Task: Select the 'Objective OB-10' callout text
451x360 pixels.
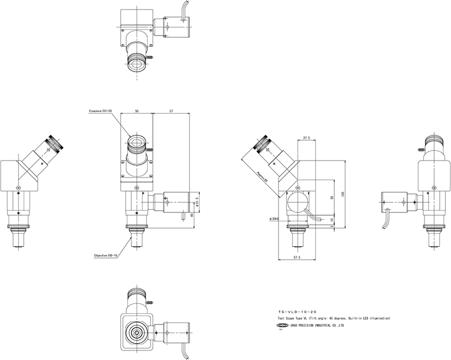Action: (105, 255)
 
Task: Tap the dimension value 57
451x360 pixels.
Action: (171, 111)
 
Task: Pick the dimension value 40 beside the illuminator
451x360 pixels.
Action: (192, 216)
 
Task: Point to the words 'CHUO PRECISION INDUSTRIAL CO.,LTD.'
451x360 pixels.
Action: (317, 326)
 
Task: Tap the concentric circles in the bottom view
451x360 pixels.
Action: (136, 331)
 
